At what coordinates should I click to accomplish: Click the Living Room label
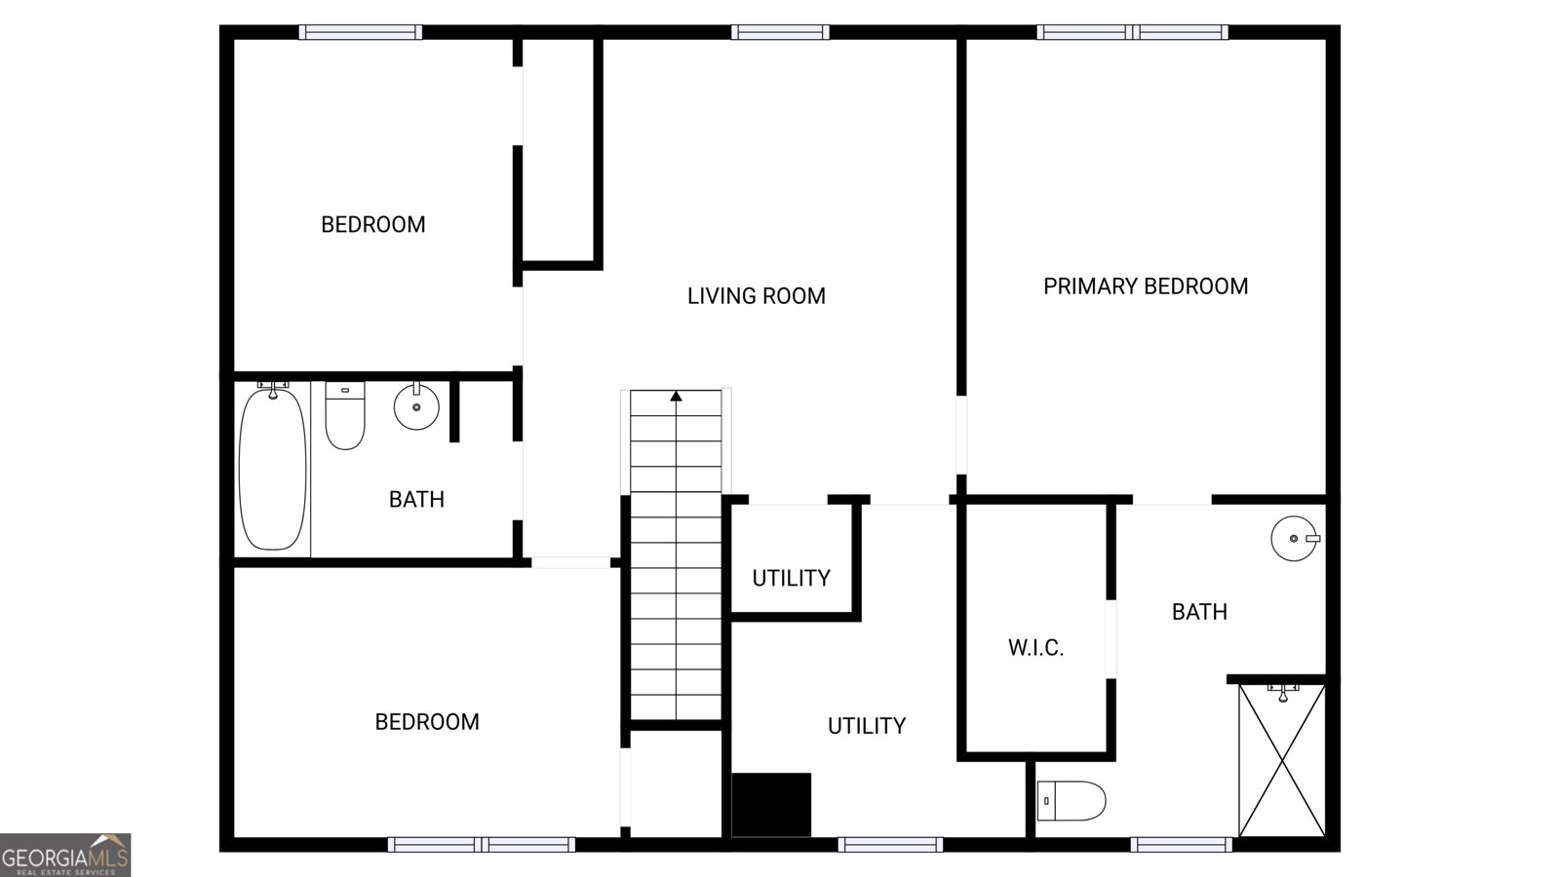pyautogui.click(x=756, y=296)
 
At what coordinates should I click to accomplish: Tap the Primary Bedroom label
pyautogui.click(x=1145, y=286)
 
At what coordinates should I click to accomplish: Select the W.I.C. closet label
pyautogui.click(x=1035, y=648)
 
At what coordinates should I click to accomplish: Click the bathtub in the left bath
pyautogui.click(x=273, y=468)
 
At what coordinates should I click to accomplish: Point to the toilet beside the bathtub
pyautogui.click(x=344, y=417)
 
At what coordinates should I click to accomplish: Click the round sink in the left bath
pyautogui.click(x=416, y=407)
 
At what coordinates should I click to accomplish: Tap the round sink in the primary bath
pyautogui.click(x=1294, y=538)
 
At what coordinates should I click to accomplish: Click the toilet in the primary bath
pyautogui.click(x=1071, y=801)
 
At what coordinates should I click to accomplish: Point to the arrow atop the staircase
pyautogui.click(x=676, y=396)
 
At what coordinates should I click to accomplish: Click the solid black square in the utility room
pyautogui.click(x=771, y=805)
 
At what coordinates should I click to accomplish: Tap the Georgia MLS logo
pyautogui.click(x=65, y=856)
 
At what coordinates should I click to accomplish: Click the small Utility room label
pyautogui.click(x=791, y=579)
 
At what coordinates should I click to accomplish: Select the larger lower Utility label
pyautogui.click(x=866, y=726)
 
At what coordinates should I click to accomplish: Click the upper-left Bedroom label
pyautogui.click(x=372, y=225)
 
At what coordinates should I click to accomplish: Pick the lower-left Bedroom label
pyautogui.click(x=427, y=722)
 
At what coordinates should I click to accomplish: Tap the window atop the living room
pyautogui.click(x=780, y=32)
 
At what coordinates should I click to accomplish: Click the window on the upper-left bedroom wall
pyautogui.click(x=360, y=32)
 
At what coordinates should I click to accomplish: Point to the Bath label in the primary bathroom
pyautogui.click(x=1198, y=612)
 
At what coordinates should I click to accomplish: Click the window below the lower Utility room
pyautogui.click(x=889, y=845)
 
